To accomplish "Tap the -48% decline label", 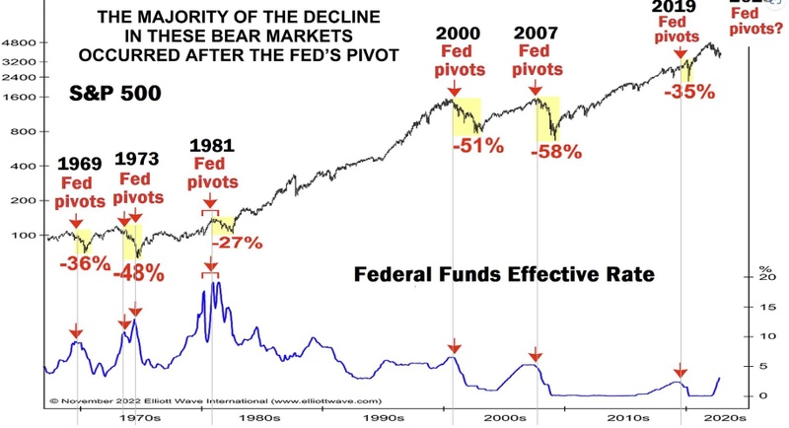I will point(138,273).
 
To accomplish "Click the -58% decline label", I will point(556,153).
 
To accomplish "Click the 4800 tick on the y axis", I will point(21,44).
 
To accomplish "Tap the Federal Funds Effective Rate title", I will point(503,273).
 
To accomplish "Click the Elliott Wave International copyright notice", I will point(215,402).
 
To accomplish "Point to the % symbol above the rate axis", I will point(761,266).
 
